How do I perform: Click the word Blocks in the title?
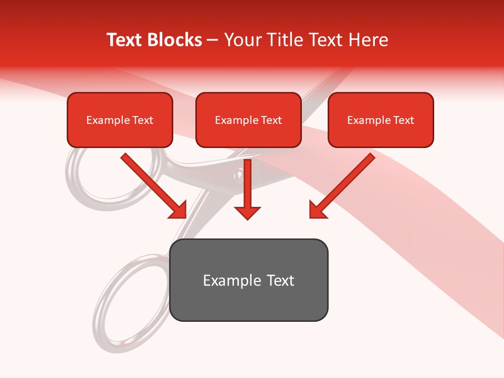pos(175,40)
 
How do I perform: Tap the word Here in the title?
pos(367,40)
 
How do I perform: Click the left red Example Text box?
pos(120,120)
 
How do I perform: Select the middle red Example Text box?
pos(248,120)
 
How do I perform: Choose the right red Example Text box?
pos(381,120)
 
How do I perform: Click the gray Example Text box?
pos(248,280)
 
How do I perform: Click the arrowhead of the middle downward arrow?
pos(247,212)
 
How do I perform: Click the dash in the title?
pos(213,40)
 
